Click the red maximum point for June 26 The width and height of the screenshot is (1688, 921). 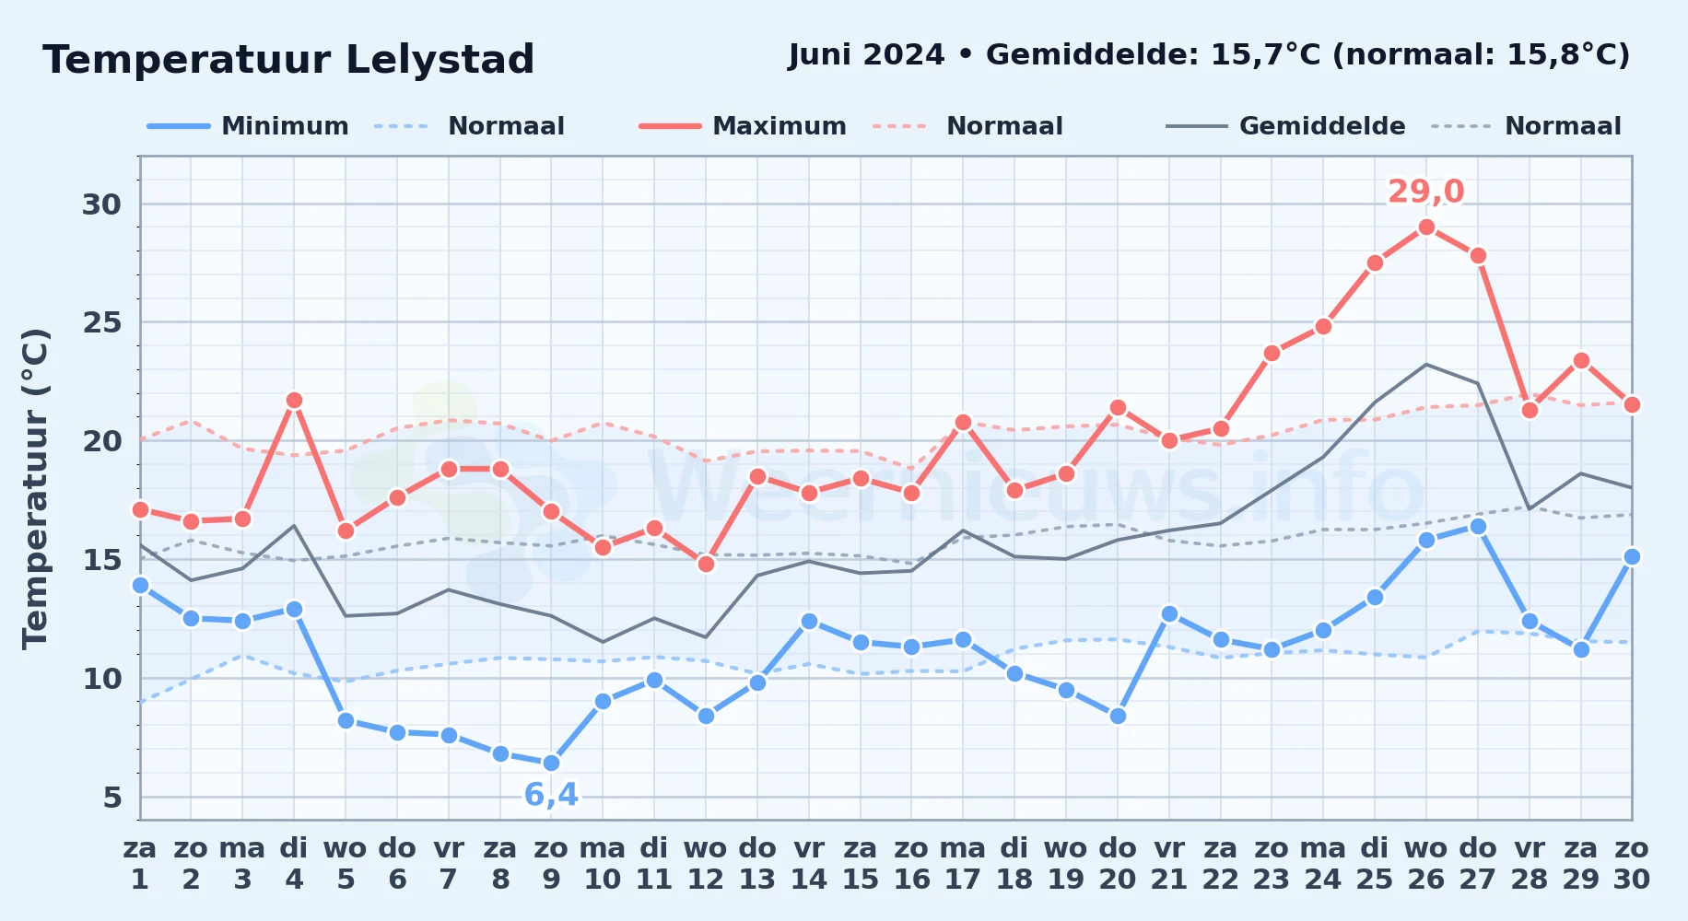coord(1426,227)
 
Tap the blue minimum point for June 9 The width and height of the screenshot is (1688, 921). coord(551,763)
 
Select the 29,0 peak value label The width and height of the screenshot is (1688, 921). coord(1426,192)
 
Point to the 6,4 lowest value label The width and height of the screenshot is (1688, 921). coord(551,794)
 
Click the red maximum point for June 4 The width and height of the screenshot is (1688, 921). coord(294,400)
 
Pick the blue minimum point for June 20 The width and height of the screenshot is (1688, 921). coord(1118,716)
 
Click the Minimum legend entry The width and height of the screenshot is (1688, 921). coord(248,126)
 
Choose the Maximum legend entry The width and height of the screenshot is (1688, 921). coord(743,126)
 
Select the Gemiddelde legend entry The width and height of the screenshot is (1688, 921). coord(1286,126)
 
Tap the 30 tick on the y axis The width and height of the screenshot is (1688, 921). coord(101,204)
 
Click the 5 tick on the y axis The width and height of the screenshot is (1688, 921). coord(112,798)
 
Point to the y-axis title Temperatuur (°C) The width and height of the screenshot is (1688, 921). coord(35,488)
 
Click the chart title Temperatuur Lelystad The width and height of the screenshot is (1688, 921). coord(288,60)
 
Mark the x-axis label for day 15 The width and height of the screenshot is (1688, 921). coord(861,863)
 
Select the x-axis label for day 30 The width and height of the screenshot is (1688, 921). coord(1631,863)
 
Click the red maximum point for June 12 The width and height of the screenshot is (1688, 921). coord(706,564)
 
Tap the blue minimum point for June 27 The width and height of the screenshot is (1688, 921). coord(1478,526)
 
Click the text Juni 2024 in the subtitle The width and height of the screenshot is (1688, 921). coord(867,55)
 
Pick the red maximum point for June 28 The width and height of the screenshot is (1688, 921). coord(1530,410)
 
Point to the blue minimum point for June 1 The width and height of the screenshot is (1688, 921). coord(140,585)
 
